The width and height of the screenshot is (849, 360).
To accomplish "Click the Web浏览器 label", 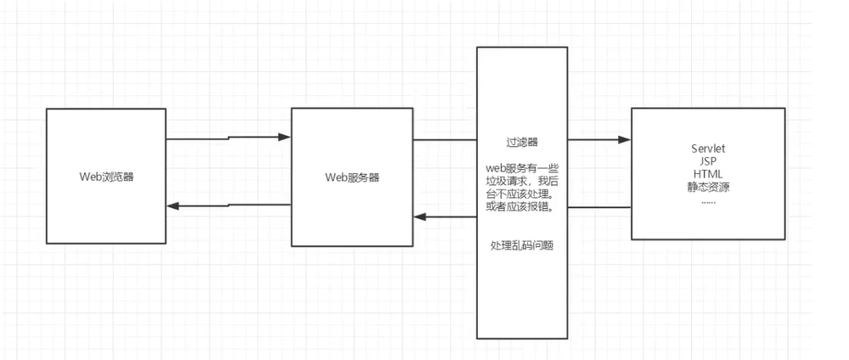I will coord(106,177).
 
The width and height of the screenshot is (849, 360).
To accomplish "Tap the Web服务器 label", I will coord(352,177).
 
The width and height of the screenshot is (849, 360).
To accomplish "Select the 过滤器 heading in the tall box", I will coord(521,143).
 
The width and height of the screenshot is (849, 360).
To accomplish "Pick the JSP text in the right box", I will coord(708,161).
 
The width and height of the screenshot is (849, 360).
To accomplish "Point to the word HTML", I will coord(708,172).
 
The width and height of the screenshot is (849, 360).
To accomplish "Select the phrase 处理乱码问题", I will coord(521,245).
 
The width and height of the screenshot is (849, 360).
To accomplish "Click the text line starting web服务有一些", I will coord(521,168).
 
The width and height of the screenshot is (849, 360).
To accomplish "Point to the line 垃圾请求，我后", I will coord(521,181).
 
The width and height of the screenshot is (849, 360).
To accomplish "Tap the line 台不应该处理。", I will coord(521,194).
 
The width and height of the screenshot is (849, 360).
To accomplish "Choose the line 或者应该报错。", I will coord(521,208).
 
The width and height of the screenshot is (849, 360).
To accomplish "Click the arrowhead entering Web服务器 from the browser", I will coord(285,136).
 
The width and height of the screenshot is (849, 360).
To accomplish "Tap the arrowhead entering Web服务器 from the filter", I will coord(419,217).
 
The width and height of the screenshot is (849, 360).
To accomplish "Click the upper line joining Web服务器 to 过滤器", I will coord(444,139).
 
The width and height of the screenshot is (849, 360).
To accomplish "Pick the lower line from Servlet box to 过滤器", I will coord(599,207).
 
